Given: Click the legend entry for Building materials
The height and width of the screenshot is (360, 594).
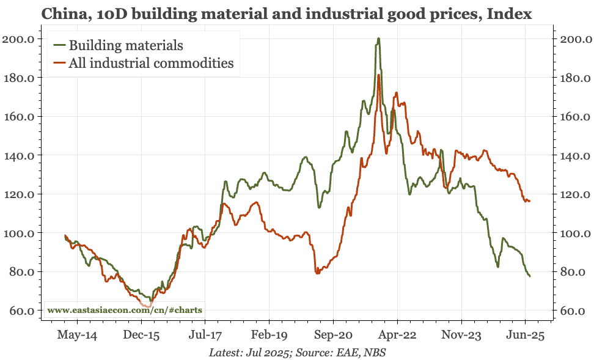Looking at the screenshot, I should tap(126, 45).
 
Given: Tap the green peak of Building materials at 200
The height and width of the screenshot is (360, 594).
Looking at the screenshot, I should tap(378, 39).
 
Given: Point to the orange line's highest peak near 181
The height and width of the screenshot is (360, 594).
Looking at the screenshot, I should tap(379, 76).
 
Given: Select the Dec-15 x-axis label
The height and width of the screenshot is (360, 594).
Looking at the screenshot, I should tap(141, 334).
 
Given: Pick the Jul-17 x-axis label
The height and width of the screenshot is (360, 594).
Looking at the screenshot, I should tap(205, 334).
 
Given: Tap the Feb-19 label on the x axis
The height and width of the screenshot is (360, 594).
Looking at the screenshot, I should tap(269, 334).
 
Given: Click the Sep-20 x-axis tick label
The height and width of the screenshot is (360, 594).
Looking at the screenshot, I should tap(333, 334).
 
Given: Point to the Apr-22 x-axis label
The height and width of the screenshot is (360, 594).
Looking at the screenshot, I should tap(397, 334).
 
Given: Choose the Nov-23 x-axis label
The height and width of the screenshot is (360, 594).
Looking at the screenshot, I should tap(461, 334).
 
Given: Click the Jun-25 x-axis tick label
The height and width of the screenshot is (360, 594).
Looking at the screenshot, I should tap(526, 334).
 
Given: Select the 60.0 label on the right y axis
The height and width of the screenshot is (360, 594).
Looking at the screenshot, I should tap(573, 311).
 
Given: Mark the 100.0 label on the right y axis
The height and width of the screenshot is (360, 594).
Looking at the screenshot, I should tap(573, 233).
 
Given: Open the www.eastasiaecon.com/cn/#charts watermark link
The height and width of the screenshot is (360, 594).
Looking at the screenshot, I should tap(125, 310).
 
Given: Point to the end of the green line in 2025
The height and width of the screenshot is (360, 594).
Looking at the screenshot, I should tap(529, 276).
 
